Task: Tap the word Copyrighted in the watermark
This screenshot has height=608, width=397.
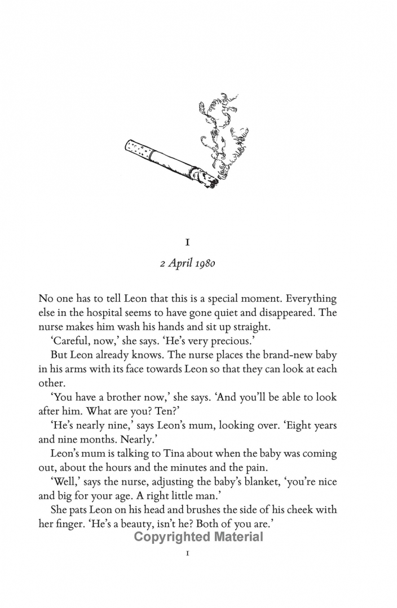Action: tap(170, 537)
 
